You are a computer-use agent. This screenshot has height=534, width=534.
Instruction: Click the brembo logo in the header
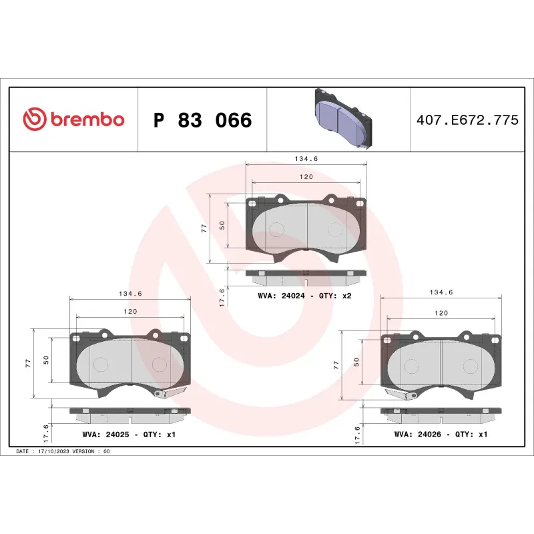click(x=73, y=119)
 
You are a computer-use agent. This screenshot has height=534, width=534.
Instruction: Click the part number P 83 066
click(x=202, y=120)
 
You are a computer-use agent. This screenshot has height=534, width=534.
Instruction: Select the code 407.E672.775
click(x=467, y=121)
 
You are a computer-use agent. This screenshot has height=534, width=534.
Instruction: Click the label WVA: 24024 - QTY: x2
click(x=304, y=295)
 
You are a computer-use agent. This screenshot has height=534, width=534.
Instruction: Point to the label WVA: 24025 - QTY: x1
click(x=128, y=434)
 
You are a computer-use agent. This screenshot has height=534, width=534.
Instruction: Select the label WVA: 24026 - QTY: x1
click(x=441, y=434)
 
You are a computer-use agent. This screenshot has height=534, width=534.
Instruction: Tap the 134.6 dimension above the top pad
click(x=306, y=159)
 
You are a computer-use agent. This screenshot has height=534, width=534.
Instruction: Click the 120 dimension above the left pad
click(x=129, y=312)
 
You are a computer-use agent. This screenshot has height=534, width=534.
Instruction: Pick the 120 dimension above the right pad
click(x=441, y=312)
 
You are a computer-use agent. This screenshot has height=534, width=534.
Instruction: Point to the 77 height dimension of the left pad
click(x=28, y=363)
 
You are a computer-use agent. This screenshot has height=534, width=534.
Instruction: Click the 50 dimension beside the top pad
click(x=222, y=226)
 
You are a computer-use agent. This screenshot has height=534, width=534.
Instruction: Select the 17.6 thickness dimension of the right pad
click(x=358, y=435)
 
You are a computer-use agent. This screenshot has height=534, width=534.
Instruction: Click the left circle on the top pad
click(x=276, y=229)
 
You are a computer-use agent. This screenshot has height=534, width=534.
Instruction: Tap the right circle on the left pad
click(x=160, y=364)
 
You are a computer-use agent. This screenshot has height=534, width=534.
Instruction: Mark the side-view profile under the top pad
click(x=306, y=274)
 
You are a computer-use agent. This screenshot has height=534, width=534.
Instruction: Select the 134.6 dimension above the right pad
click(x=441, y=292)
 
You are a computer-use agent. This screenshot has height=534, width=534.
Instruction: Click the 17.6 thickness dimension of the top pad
click(x=222, y=294)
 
